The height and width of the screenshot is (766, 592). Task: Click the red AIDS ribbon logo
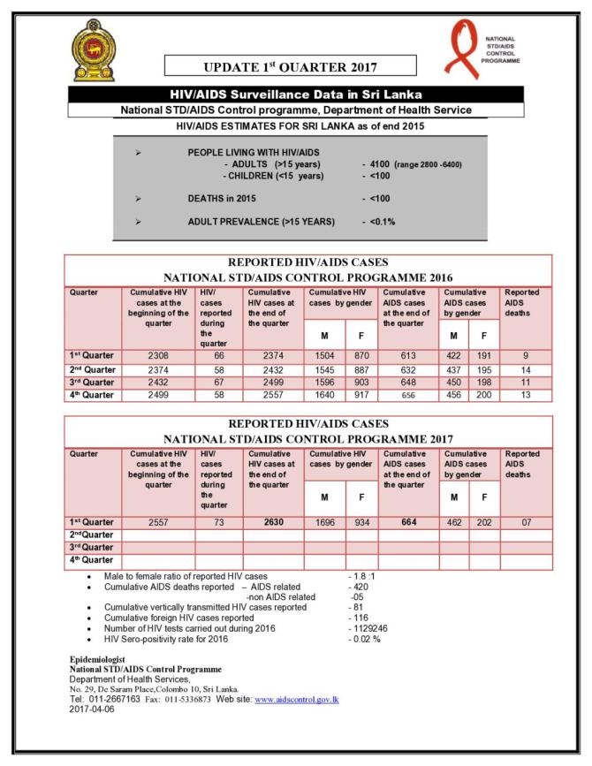(x=462, y=46)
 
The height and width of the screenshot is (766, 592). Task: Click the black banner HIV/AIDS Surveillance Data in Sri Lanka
(x=295, y=94)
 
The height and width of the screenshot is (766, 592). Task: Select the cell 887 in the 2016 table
(x=361, y=369)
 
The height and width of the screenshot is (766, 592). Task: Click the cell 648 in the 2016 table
(x=408, y=383)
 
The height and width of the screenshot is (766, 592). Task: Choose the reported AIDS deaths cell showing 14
(x=526, y=369)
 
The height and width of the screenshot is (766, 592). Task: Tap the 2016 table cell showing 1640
(x=323, y=396)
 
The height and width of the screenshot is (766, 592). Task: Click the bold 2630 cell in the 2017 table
(x=272, y=521)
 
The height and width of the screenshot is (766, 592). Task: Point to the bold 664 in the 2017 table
(x=408, y=521)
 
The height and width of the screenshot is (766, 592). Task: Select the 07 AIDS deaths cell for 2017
(x=526, y=521)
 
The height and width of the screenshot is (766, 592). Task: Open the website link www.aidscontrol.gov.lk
(x=296, y=699)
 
